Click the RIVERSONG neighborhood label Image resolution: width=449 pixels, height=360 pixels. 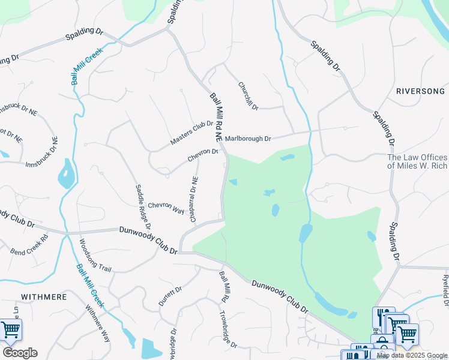click(420, 91)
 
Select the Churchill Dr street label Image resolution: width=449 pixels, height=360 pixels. click(248, 96)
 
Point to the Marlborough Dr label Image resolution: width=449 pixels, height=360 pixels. click(248, 139)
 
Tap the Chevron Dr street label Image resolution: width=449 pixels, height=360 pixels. click(203, 155)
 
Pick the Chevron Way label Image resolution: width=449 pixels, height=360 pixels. click(166, 207)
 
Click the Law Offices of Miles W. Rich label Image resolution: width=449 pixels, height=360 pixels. click(417, 161)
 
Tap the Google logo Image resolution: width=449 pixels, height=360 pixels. click(20, 353)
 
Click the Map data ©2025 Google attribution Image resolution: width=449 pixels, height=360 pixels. click(412, 355)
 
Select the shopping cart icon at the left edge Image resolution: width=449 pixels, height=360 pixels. click(10, 329)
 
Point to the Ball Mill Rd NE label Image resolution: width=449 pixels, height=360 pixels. click(217, 118)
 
